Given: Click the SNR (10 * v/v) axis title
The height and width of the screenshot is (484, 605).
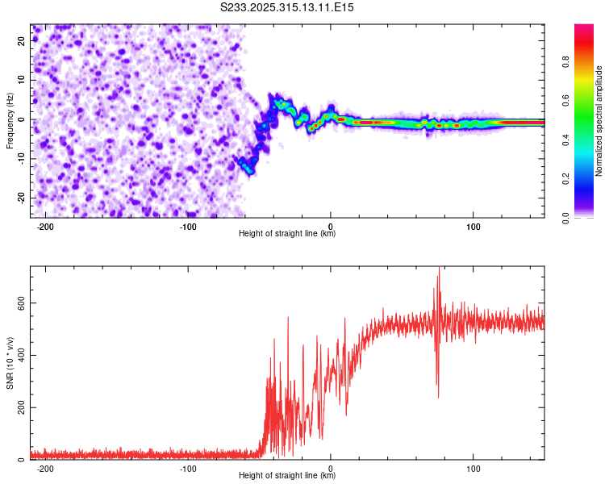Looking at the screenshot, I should click(x=10, y=363).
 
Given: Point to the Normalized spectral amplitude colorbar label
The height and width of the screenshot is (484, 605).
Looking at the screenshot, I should click(x=599, y=121).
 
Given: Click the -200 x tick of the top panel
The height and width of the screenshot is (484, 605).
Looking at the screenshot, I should click(x=45, y=225).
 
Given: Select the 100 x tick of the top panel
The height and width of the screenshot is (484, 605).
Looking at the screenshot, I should click(x=474, y=225).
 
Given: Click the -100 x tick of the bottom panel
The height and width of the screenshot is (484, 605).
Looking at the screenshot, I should click(x=188, y=467).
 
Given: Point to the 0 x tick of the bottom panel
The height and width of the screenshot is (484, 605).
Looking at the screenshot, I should click(x=331, y=467).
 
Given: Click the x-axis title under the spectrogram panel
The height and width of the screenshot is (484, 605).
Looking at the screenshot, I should click(x=288, y=234).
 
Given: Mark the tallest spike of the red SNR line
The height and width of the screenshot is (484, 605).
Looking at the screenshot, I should click(x=439, y=268).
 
